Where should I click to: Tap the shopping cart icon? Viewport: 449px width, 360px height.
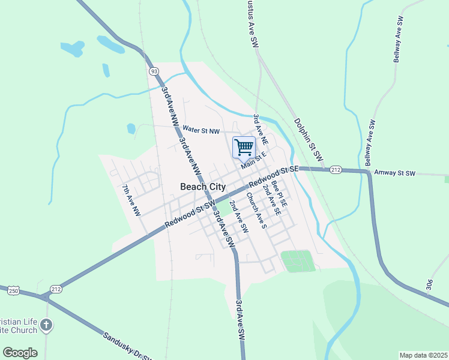(x=244, y=147)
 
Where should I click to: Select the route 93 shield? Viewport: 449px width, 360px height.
(x=155, y=71)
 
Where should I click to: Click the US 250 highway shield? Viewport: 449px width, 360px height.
(x=13, y=291)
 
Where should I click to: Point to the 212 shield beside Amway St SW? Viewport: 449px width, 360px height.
(x=336, y=170)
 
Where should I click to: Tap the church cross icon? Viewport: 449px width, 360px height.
(x=47, y=326)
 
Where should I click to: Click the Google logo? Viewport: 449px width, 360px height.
(x=20, y=353)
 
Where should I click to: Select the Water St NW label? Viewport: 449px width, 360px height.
(x=202, y=130)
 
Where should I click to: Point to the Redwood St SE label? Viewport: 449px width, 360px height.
(x=274, y=175)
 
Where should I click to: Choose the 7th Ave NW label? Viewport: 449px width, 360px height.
(x=131, y=200)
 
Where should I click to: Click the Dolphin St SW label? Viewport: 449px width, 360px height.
(x=309, y=142)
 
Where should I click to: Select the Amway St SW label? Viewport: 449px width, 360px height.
(x=394, y=173)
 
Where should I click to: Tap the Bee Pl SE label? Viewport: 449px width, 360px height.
(x=280, y=193)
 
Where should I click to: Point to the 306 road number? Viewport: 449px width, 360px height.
(x=429, y=284)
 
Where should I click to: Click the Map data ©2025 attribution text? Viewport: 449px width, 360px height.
(x=423, y=355)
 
